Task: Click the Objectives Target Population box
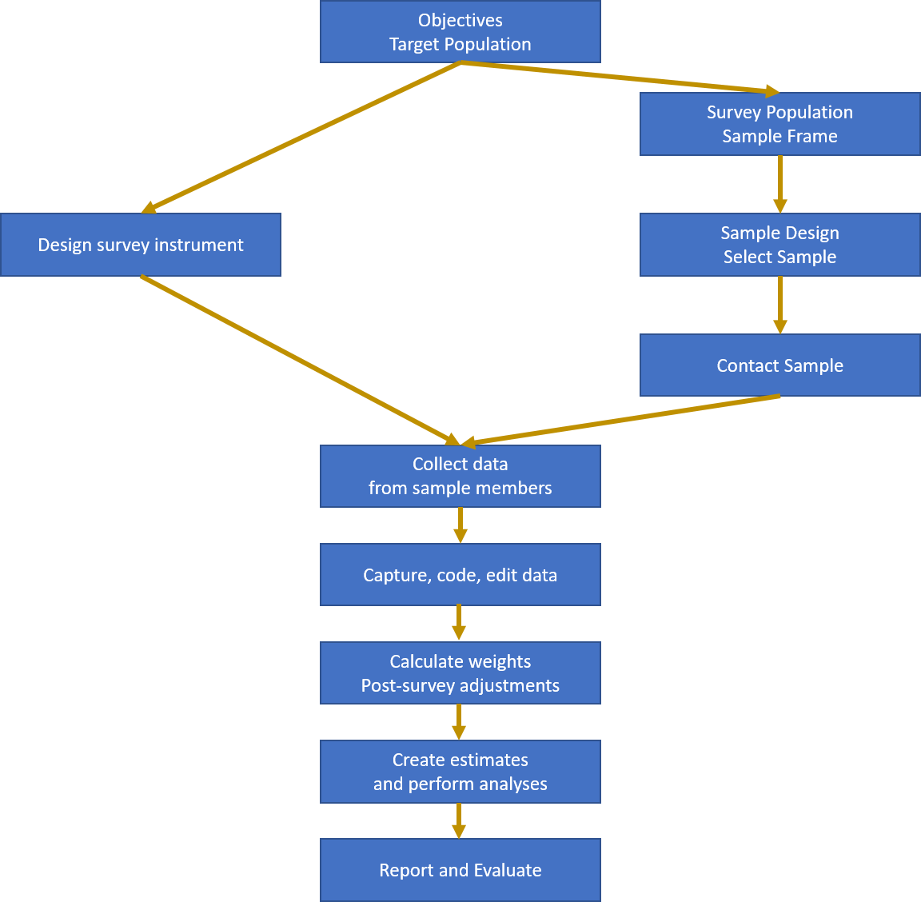[x=460, y=32]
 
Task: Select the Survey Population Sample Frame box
[x=779, y=124]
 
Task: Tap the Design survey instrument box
[x=141, y=245]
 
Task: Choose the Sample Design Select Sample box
[x=779, y=245]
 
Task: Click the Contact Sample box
[x=779, y=365]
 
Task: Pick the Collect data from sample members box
[x=460, y=476]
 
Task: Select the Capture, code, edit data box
[x=460, y=575]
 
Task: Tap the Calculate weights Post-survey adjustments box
[x=460, y=673]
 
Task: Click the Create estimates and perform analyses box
[x=460, y=772]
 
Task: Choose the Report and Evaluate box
[x=460, y=870]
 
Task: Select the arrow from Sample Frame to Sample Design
[x=779, y=184]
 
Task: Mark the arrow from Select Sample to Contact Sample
[x=779, y=305]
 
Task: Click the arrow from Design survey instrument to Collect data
[x=300, y=360]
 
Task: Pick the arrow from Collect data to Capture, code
[x=460, y=525]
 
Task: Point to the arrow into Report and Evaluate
[x=458, y=820]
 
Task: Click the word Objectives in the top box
[x=460, y=21]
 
